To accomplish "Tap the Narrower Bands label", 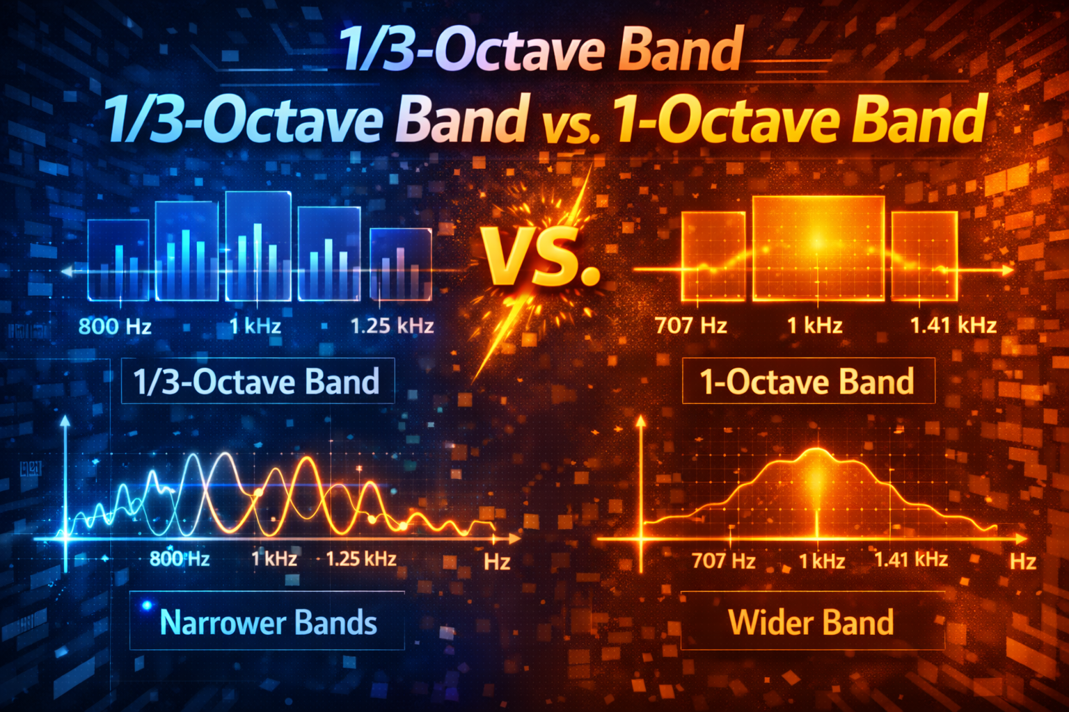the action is [268, 622].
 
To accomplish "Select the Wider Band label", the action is [811, 622].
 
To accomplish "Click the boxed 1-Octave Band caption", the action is [807, 382].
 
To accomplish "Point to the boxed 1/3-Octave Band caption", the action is [256, 382].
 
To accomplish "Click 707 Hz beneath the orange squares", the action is [690, 325].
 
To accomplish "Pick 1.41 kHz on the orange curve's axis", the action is [910, 559].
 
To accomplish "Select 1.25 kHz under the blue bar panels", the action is [392, 325].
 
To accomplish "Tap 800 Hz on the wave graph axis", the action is [180, 558].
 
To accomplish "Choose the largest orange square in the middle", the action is [818, 248].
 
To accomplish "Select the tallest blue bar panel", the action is [258, 246].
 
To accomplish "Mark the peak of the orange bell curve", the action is [816, 449].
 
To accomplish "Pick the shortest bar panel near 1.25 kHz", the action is [400, 264].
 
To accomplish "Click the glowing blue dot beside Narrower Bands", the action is [147, 606].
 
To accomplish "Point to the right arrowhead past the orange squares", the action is [1008, 270].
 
